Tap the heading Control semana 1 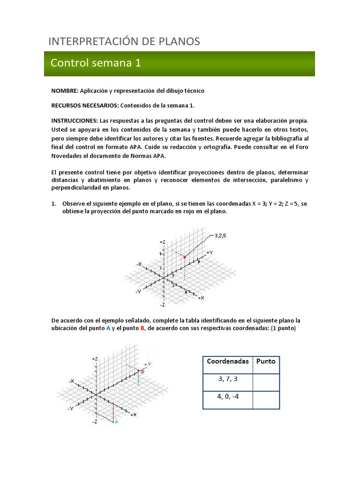pos(96,63)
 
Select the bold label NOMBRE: pos(65,90)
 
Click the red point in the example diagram pos(185,257)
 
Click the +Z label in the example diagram pos(162,242)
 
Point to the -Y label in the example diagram pos(138,292)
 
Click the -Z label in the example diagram pos(162,305)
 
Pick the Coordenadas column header pos(227,361)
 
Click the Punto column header pos(266,361)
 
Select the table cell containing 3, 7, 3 pos(227,379)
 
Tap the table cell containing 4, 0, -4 pos(227,397)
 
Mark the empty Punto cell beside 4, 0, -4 pos(266,399)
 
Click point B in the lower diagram pos(142,371)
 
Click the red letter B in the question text pos(142,328)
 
